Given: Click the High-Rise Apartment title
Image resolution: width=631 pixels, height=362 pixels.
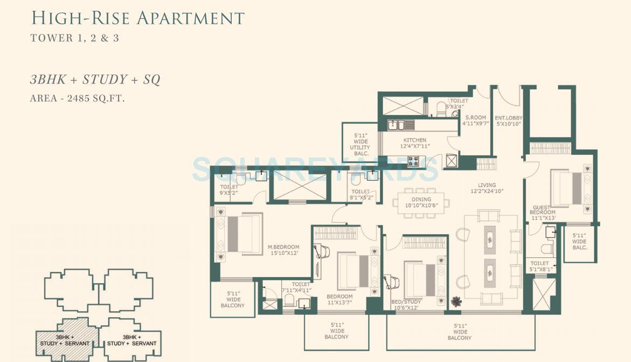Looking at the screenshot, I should point(138,18).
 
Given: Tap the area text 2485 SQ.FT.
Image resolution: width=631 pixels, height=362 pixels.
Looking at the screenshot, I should point(78,98).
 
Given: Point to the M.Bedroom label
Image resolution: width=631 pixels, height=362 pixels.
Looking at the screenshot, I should point(283,250).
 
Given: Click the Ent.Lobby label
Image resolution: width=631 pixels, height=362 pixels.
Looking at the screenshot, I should point(509,121).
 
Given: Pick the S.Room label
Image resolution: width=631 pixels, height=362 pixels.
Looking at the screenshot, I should point(475,120).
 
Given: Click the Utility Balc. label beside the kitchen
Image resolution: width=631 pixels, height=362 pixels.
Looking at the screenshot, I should point(360,145).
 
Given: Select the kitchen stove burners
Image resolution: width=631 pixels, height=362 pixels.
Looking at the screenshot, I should point(413,161).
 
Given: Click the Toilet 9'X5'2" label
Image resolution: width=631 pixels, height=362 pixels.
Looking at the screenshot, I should point(229,189).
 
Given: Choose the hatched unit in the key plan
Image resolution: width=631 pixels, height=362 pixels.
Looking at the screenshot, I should point(68,339).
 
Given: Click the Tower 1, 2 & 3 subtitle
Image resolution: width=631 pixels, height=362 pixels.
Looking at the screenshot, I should point(75,38).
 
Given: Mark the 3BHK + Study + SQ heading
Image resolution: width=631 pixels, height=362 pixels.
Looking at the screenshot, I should point(95,80).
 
